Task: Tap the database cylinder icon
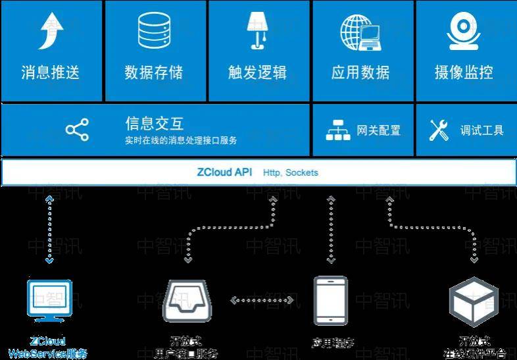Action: coord(154,32)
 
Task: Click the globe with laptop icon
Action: coord(360,33)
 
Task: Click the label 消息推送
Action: coord(51,72)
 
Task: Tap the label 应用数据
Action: coord(360,72)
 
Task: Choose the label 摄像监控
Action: coord(464,72)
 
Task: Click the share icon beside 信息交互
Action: coord(77,130)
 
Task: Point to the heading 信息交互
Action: coord(155,123)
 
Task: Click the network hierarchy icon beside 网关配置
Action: coord(339,130)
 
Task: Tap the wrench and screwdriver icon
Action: coord(439,130)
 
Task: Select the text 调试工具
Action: coord(482,130)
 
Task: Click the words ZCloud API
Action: coord(224,172)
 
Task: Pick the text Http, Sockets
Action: coord(290,172)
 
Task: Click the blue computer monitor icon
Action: coord(49,300)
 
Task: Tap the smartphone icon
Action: coord(330,301)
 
